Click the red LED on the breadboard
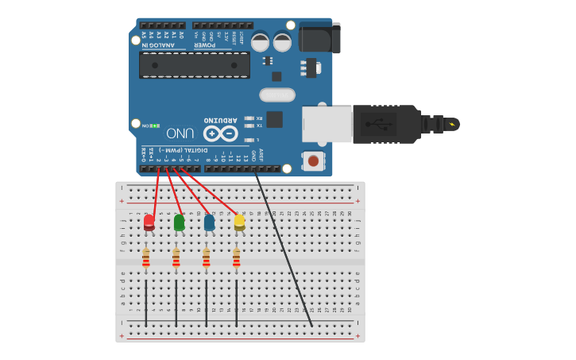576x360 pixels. [149, 222]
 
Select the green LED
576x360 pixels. [180, 222]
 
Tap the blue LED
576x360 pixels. [209, 223]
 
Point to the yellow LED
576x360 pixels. [239, 222]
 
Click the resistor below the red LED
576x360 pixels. [145, 258]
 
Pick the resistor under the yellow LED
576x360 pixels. [236, 258]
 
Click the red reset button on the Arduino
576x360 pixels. [314, 161]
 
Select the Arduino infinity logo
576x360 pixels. [221, 134]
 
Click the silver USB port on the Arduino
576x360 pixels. [327, 125]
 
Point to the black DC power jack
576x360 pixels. [319, 37]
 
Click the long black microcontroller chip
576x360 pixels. [195, 64]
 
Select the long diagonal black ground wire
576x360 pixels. [284, 251]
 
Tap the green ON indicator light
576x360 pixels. [155, 126]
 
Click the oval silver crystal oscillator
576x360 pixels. [276, 95]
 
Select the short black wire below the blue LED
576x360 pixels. [206, 302]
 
